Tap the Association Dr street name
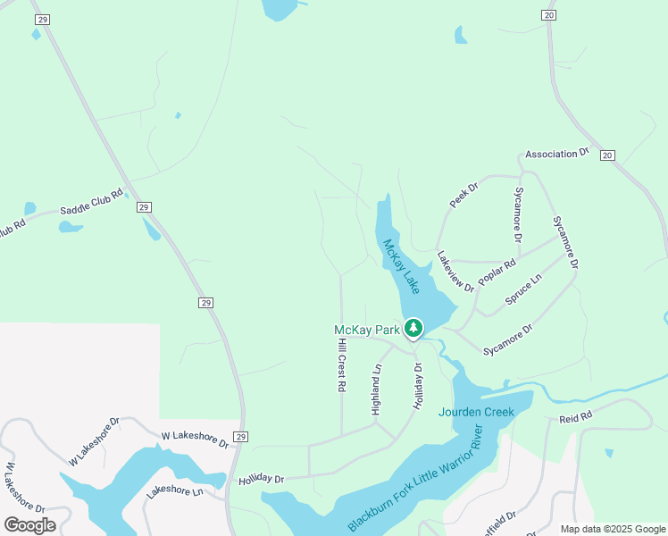pos(557,154)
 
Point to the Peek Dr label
pos(464,195)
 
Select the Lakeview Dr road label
pos(455,271)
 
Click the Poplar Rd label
pos(497,272)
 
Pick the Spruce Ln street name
pos(523,290)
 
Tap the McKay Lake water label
pos(401,267)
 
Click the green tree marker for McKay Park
pos(413,329)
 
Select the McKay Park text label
pos(366,331)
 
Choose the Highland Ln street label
pos(376,389)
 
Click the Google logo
pos(29,524)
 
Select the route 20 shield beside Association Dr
pos(607,155)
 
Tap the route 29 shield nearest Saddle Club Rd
pos(143,207)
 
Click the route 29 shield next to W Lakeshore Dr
pos(240,436)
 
